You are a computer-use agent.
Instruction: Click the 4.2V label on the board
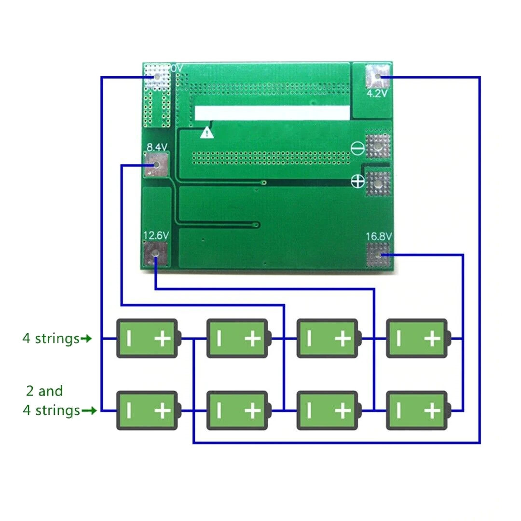(x=377, y=94)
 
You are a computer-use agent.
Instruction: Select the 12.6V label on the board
(x=156, y=235)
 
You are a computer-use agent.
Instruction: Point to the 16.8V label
(x=378, y=237)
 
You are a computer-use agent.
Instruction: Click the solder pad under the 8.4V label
(x=156, y=165)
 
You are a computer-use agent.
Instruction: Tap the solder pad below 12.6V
(x=156, y=254)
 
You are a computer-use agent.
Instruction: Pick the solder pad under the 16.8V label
(x=378, y=255)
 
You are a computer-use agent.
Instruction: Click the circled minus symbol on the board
(x=357, y=149)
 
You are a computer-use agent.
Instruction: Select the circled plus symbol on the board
(x=357, y=181)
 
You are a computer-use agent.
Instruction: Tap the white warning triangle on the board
(x=207, y=132)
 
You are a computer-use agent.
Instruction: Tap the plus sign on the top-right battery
(x=432, y=339)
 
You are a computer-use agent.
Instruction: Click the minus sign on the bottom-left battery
(x=129, y=411)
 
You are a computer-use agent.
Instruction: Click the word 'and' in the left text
(x=51, y=391)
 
